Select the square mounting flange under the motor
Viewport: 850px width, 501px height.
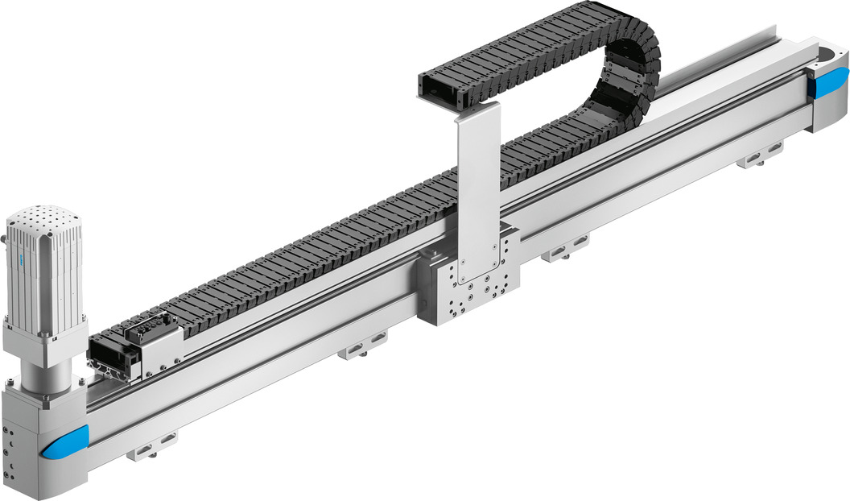[44, 338]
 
